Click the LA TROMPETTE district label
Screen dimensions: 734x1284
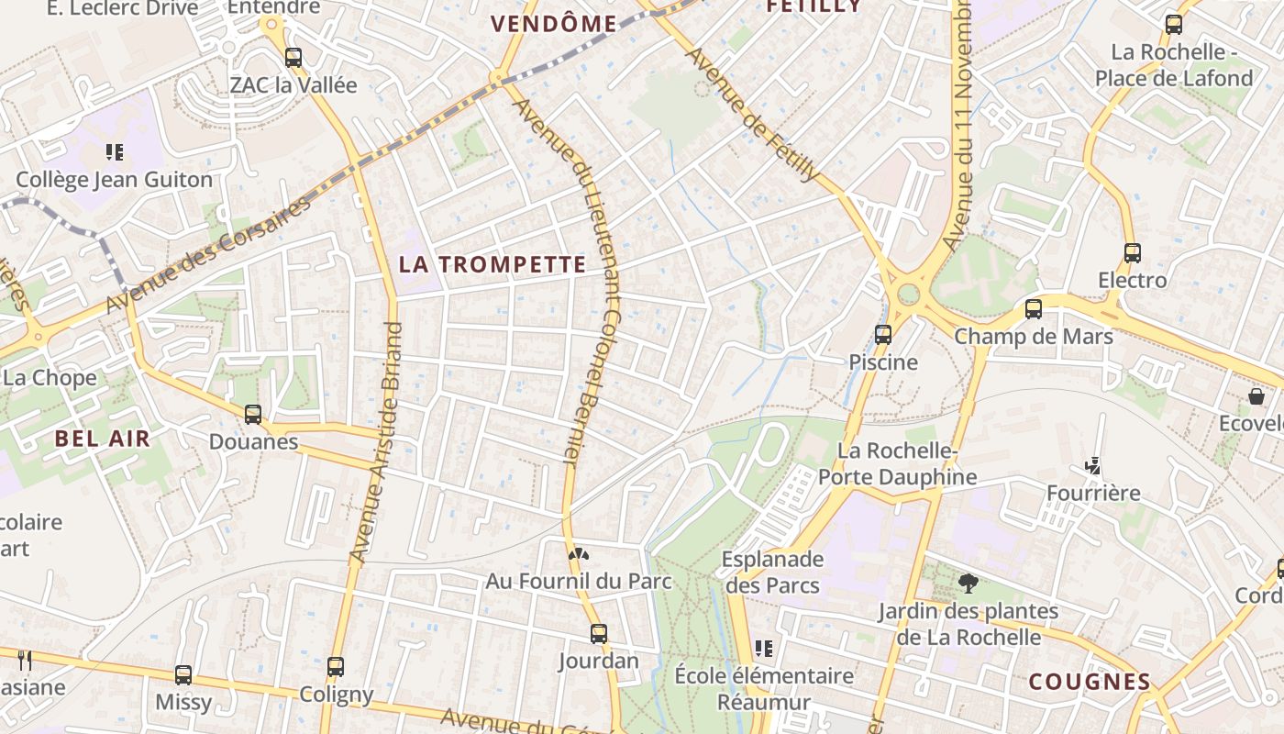493,265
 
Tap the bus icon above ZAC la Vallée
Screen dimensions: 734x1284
293,58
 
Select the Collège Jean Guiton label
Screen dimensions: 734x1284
115,180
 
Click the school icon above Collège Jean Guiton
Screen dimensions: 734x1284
115,151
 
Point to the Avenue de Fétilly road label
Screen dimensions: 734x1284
752,114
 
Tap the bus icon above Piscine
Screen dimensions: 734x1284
883,335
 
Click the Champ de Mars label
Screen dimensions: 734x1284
1034,337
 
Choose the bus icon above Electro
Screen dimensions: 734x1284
1133,253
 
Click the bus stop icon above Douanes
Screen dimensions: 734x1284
253,415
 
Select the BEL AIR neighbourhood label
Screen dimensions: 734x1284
102,439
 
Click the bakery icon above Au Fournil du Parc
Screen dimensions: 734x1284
578,554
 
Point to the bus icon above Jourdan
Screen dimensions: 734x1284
599,634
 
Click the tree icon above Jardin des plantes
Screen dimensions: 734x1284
968,584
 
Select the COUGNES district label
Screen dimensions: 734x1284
1090,682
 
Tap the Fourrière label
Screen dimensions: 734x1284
1094,494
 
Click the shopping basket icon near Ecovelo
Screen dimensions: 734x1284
1256,396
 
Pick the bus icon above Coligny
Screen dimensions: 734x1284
336,667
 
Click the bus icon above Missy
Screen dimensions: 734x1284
183,675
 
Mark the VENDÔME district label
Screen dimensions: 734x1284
553,25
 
